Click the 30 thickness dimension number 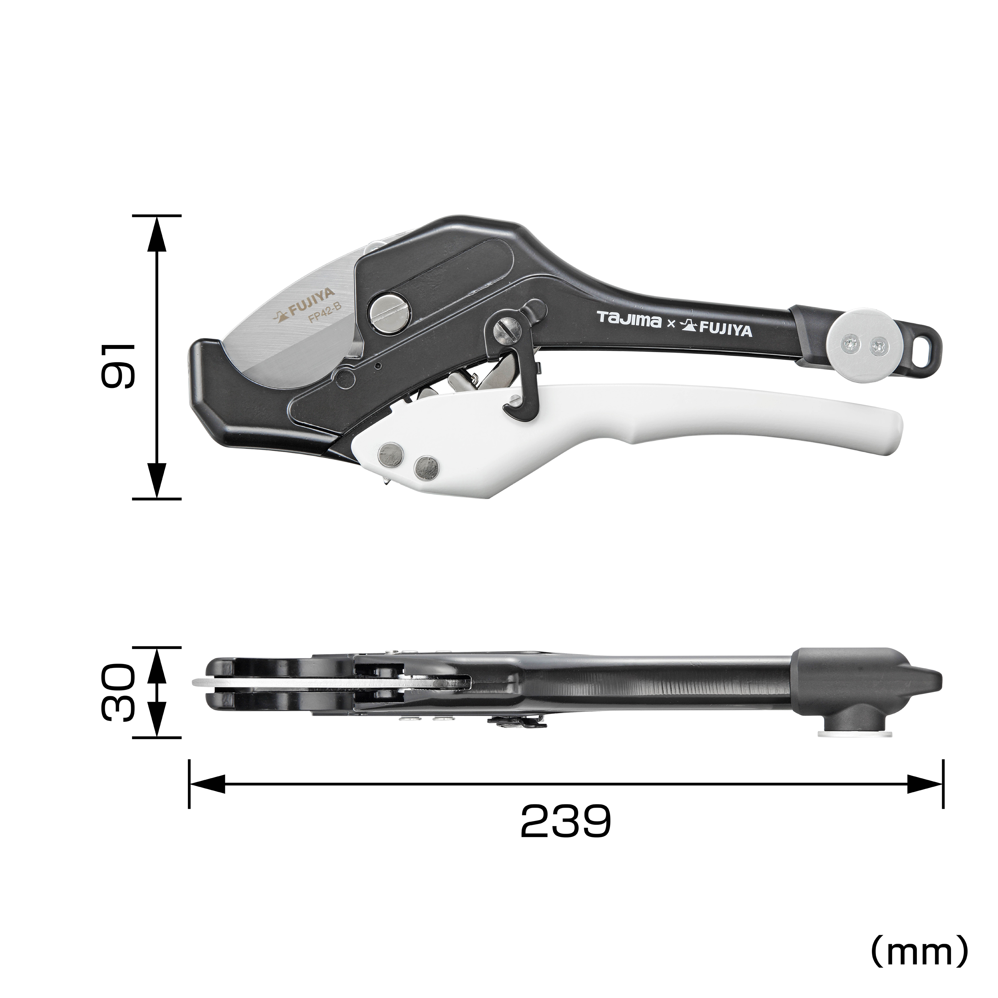coord(118,693)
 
